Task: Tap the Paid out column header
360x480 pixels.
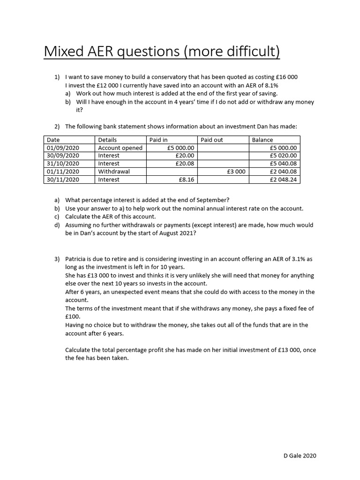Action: [212, 140]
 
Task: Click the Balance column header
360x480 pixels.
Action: [262, 140]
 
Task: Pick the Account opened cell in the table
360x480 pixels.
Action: [120, 148]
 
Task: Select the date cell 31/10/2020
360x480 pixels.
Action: [63, 164]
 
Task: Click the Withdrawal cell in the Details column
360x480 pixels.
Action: [114, 172]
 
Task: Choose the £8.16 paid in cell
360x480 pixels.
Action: [187, 180]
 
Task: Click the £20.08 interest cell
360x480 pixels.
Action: [185, 164]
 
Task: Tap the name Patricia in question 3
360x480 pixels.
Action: [77, 259]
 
